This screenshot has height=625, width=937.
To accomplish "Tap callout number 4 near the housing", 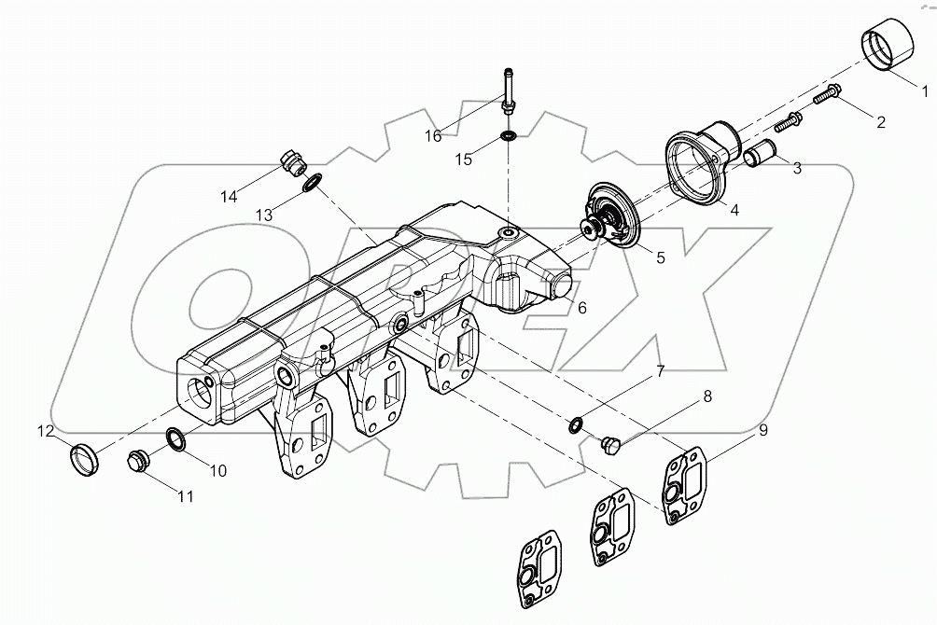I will click(x=734, y=210).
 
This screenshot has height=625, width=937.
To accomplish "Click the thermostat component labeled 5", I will click(x=613, y=217).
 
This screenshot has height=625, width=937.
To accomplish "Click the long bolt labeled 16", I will click(x=508, y=94).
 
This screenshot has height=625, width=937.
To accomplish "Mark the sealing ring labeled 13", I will click(x=314, y=182).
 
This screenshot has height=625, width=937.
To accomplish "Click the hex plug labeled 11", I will click(x=139, y=461).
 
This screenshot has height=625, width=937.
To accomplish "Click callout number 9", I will click(x=762, y=430).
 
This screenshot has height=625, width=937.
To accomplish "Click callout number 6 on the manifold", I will click(x=580, y=308).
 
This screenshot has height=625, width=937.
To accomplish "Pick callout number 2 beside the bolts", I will click(x=879, y=120).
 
